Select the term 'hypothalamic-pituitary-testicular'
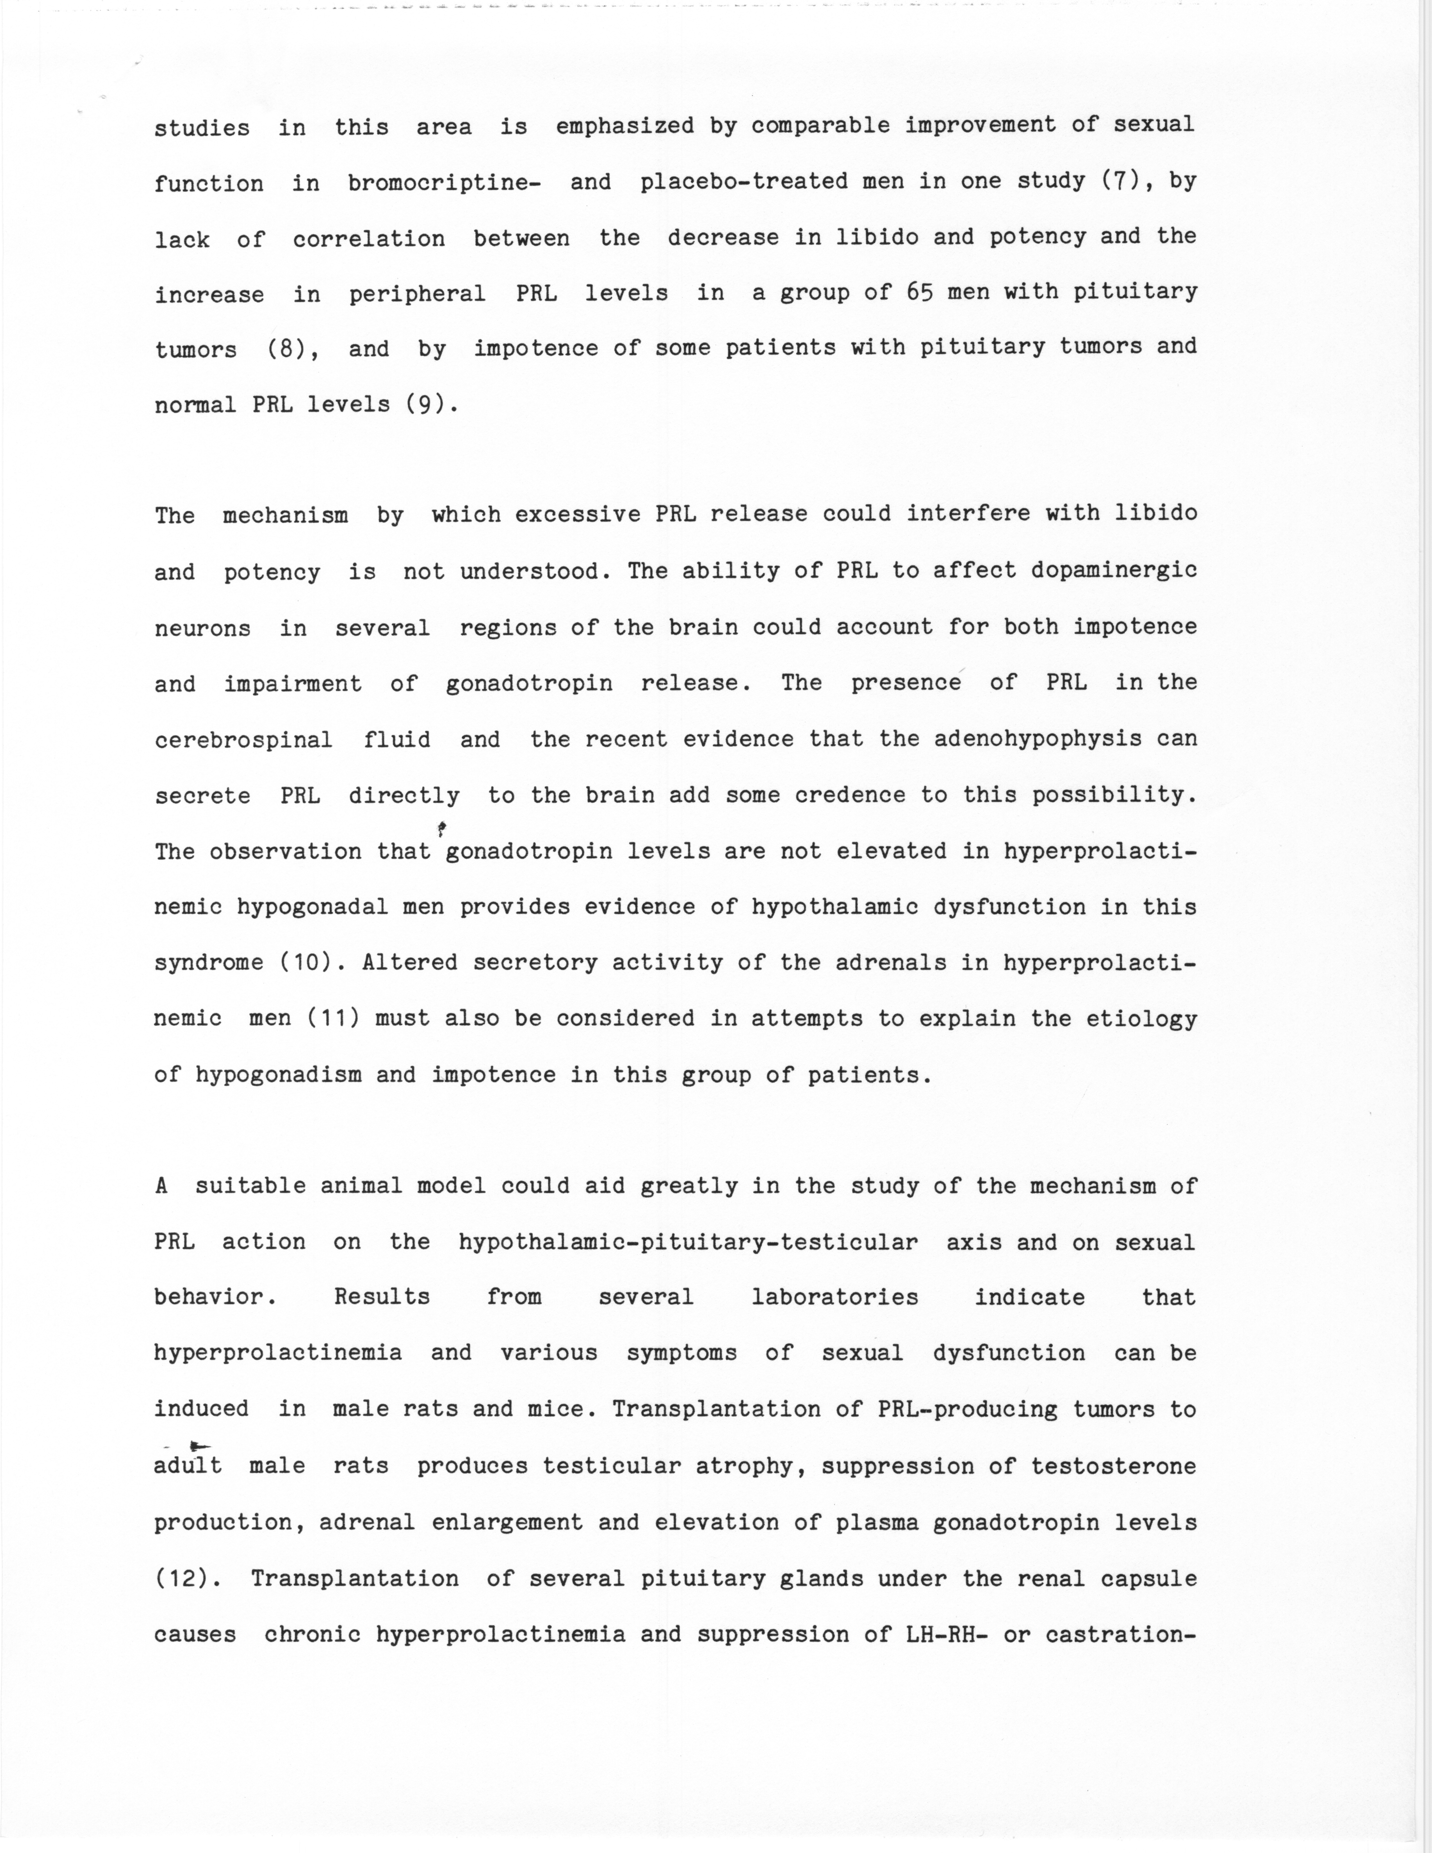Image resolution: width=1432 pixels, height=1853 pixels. coord(688,1242)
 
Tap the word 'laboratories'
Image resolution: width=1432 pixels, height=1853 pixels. coord(835,1297)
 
